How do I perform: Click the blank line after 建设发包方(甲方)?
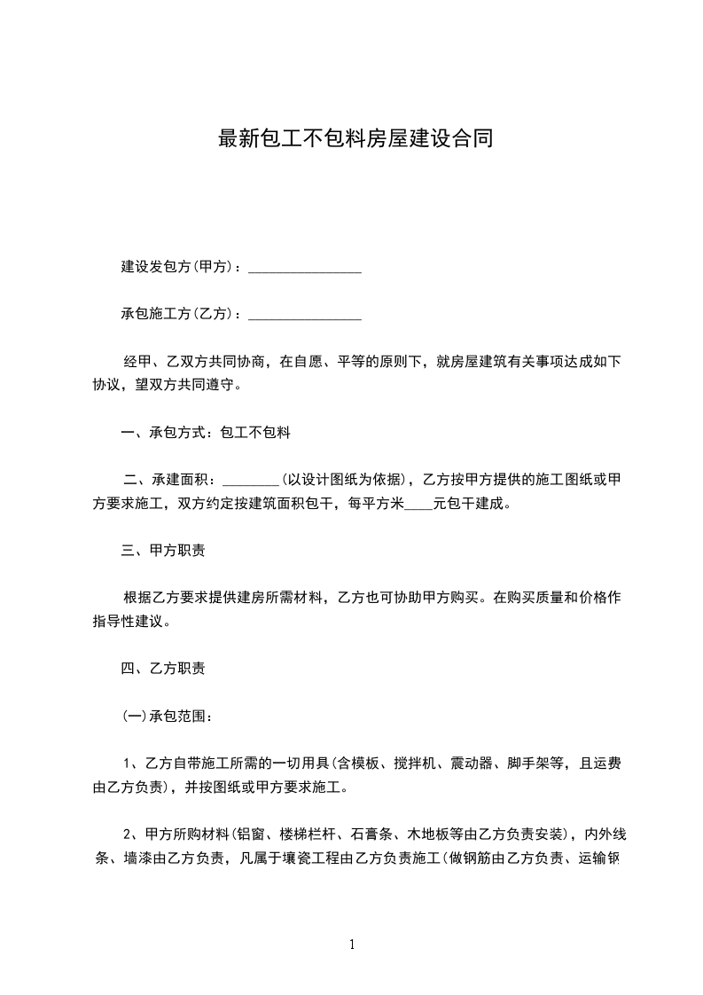[304, 268]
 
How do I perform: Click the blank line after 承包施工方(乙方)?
[304, 315]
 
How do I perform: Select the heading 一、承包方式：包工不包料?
[206, 434]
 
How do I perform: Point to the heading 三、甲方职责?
[163, 552]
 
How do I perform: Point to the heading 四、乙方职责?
[163, 669]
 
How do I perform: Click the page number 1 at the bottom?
[352, 945]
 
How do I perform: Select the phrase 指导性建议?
[129, 622]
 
